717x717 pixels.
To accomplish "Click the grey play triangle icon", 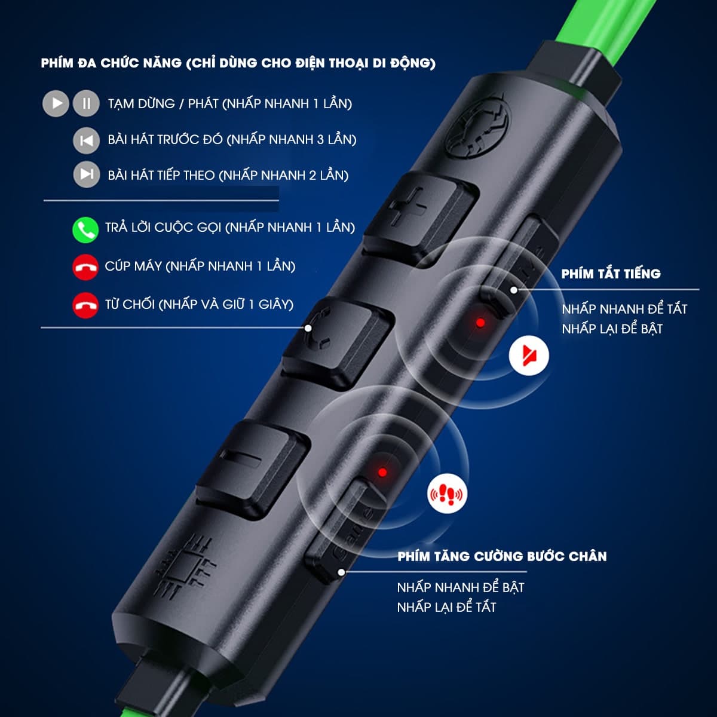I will pyautogui.click(x=56, y=103).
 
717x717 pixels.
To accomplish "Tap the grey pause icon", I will pyautogui.click(x=86, y=103).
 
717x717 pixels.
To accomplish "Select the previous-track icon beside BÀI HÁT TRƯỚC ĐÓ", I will pyautogui.click(x=86, y=140).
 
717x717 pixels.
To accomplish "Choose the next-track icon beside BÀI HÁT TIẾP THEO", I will pyautogui.click(x=86, y=174).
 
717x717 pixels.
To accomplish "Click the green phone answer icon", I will pyautogui.click(x=85, y=229).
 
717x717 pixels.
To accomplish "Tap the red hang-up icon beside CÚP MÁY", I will pyautogui.click(x=85, y=267).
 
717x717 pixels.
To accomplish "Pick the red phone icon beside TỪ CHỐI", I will pyautogui.click(x=85, y=305).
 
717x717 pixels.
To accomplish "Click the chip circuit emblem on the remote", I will pyautogui.click(x=185, y=565).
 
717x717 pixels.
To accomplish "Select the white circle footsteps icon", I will pyautogui.click(x=447, y=494).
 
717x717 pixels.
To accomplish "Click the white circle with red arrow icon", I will pyautogui.click(x=529, y=356).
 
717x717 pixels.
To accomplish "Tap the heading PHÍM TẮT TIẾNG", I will pyautogui.click(x=611, y=274).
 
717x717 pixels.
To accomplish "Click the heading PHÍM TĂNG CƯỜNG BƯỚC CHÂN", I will pyautogui.click(x=502, y=556).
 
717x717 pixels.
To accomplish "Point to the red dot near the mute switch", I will pyautogui.click(x=480, y=323).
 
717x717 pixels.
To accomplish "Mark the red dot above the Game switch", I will pyautogui.click(x=382, y=472).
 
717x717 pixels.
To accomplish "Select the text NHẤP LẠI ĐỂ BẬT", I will pyautogui.click(x=612, y=328).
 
